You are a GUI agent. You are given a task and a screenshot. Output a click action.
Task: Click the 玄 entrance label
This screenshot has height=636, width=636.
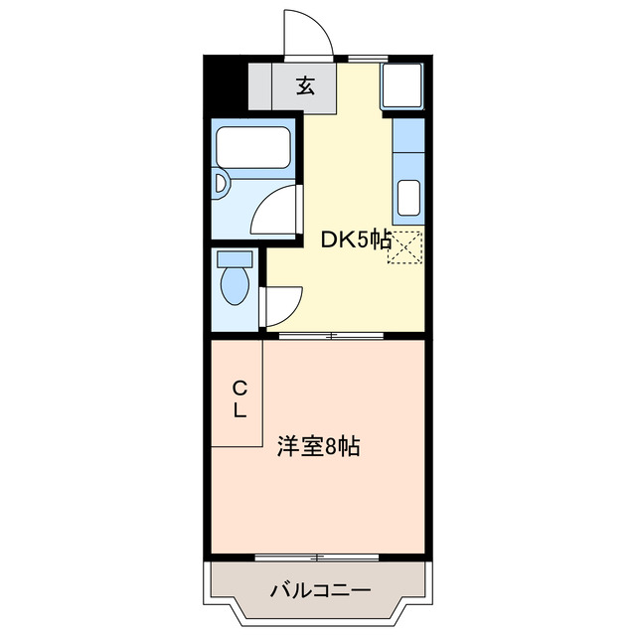[x=305, y=86]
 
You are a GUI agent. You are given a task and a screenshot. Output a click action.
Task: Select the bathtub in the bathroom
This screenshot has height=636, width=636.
[x=254, y=148]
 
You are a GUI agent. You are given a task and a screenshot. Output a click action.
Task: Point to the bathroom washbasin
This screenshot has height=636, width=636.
[x=220, y=183]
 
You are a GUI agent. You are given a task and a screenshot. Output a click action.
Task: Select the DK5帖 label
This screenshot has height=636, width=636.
[x=354, y=238]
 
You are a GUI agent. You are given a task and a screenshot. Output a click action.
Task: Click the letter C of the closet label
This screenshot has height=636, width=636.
[x=239, y=388]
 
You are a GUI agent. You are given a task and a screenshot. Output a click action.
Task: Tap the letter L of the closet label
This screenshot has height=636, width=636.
[x=239, y=409]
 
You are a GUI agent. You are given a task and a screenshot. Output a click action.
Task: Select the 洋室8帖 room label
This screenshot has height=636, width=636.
[x=318, y=447]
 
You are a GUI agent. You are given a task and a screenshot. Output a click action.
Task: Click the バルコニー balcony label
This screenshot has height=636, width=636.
[x=320, y=591]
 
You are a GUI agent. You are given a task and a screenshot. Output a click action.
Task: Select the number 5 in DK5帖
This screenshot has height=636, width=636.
[x=362, y=238]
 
